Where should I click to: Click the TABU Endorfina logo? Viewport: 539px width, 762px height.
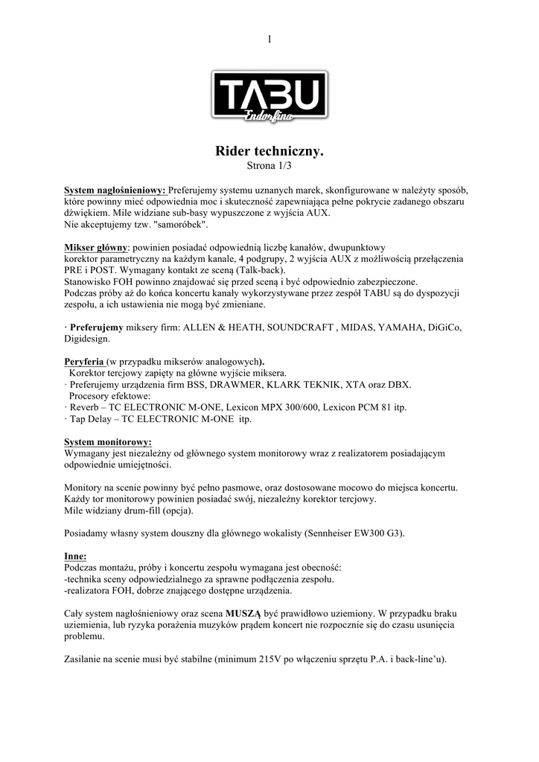[x=269, y=96]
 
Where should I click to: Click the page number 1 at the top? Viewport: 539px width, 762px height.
[x=269, y=39]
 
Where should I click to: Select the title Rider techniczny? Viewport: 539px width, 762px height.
[x=269, y=151]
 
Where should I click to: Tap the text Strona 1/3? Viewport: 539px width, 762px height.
[x=269, y=164]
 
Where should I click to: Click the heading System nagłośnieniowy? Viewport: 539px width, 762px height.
[x=115, y=190]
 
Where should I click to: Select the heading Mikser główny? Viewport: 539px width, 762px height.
[x=96, y=246]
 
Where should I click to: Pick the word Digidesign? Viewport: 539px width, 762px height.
[x=86, y=338]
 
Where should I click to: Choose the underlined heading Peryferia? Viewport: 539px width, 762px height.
[x=83, y=362]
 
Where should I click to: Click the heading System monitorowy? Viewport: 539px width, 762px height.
[x=108, y=441]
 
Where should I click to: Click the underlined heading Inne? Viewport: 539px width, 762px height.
[x=75, y=555]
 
